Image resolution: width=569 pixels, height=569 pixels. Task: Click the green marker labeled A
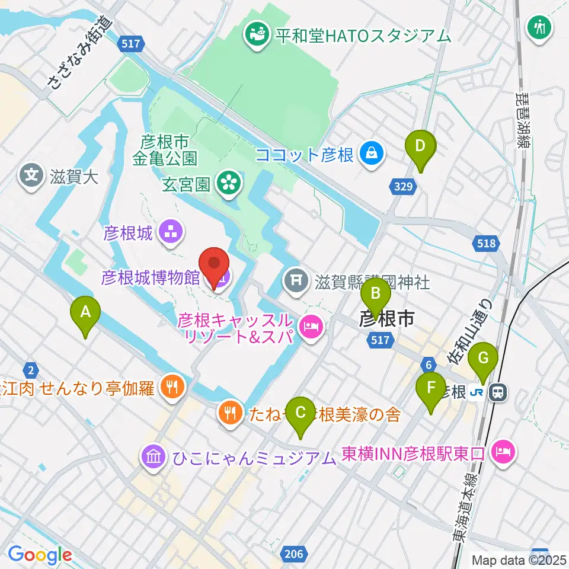click(x=85, y=311)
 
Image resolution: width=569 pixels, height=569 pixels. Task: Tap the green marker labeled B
click(x=376, y=293)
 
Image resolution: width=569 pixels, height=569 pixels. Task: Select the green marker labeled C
click(x=301, y=411)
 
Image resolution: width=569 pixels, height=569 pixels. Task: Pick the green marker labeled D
click(x=420, y=145)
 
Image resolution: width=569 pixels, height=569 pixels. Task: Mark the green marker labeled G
click(x=482, y=358)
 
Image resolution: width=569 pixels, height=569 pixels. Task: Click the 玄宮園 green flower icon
click(x=227, y=183)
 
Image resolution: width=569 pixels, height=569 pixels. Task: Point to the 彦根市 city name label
click(x=387, y=319)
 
